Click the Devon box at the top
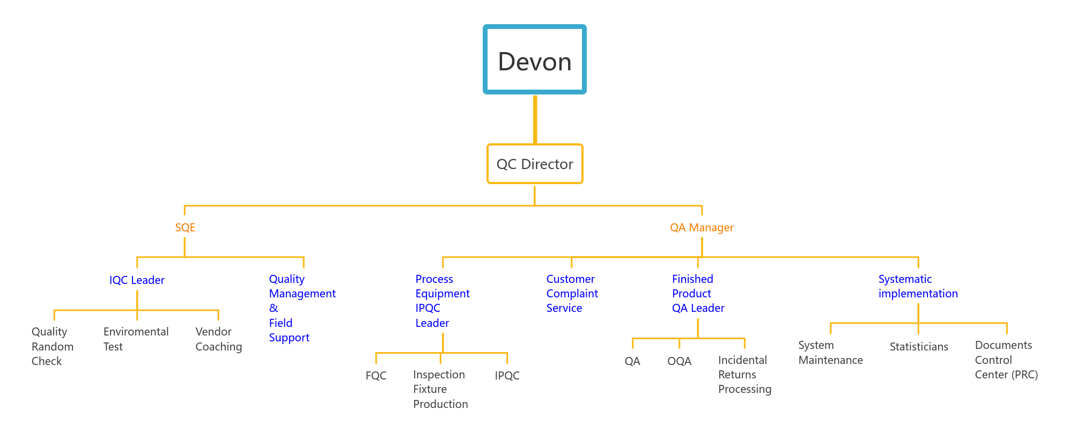(x=534, y=60)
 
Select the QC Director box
(x=535, y=164)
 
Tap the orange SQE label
(x=185, y=228)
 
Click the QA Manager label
(x=701, y=228)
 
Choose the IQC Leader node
(x=137, y=280)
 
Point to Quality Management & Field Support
(x=302, y=308)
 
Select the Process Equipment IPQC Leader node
(x=442, y=301)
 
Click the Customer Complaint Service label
(x=572, y=294)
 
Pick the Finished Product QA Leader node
(x=698, y=294)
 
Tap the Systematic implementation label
(x=918, y=286)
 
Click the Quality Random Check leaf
(x=52, y=346)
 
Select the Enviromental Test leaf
(x=136, y=339)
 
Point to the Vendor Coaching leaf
(x=218, y=339)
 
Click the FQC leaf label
(x=375, y=376)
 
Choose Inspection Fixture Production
(x=440, y=389)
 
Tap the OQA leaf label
(x=679, y=361)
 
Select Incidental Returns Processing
(x=744, y=375)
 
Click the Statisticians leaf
(x=918, y=347)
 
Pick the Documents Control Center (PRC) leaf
(x=1006, y=360)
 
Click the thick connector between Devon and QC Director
(x=535, y=119)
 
